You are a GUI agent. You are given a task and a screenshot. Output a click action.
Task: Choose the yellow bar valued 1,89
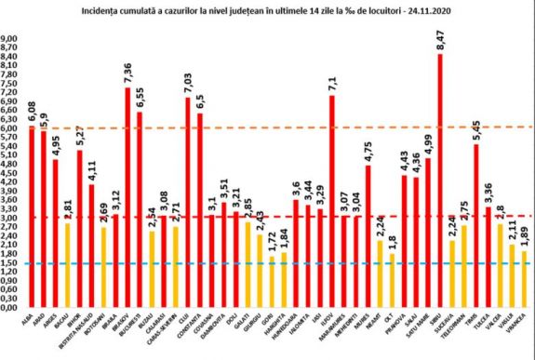coord(523,278)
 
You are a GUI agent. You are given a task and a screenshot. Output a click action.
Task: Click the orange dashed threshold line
coord(279,127)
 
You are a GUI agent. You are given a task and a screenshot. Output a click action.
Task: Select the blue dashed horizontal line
coord(279,262)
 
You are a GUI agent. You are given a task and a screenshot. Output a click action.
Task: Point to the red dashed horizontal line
coord(279,217)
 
